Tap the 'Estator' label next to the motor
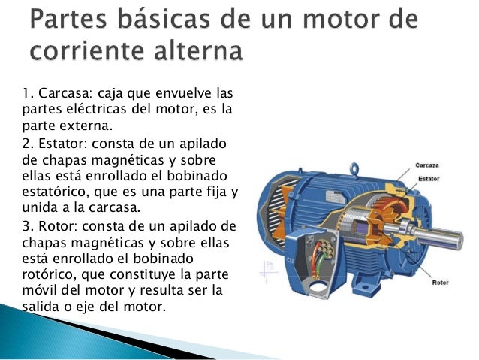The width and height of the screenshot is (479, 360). coord(428,179)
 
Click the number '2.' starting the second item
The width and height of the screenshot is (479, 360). coord(26,144)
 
